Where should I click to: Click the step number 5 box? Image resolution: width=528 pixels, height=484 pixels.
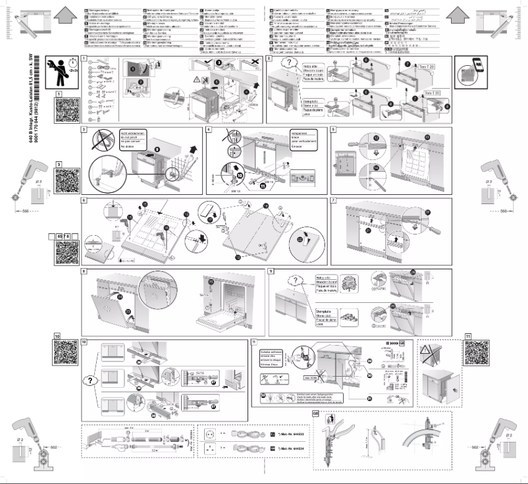[x=334, y=129]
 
